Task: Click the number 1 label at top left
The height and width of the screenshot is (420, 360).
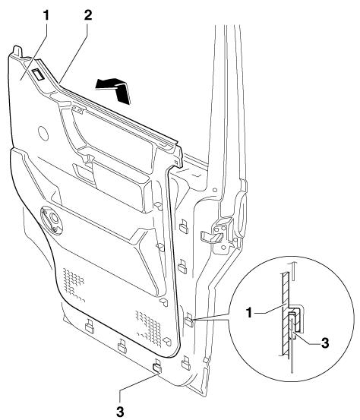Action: coord(46,15)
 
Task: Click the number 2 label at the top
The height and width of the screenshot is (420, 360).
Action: coord(88,15)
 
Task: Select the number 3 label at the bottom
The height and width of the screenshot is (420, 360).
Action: coord(120,411)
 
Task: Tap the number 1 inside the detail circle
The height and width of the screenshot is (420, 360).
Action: coord(249,313)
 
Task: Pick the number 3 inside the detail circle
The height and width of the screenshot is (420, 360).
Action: coord(325,343)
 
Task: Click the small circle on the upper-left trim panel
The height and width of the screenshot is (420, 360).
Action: coord(43,134)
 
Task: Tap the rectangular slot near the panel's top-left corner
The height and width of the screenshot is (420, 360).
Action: coord(38,74)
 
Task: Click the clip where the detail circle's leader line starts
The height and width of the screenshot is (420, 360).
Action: coord(189,320)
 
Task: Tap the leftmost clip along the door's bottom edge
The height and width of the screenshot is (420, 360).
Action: coord(90,327)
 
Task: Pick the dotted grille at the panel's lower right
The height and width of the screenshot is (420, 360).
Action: coord(149,327)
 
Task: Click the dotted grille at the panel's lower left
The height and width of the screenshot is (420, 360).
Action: coord(74,285)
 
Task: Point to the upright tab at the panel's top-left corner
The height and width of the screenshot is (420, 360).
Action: coord(17,51)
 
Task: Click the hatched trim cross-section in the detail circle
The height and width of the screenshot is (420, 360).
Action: coord(286,314)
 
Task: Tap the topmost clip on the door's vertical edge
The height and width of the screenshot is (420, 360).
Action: coord(184,226)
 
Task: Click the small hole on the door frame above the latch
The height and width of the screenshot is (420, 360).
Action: coord(214,190)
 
